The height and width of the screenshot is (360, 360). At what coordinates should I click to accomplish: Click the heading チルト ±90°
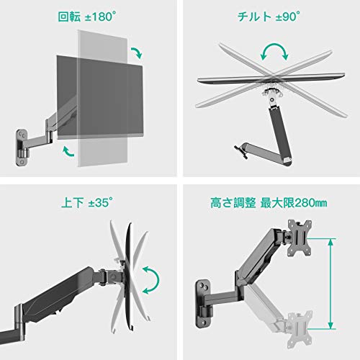269,17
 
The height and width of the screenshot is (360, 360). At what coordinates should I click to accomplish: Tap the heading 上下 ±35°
87,203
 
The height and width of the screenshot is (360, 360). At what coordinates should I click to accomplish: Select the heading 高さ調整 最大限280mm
269,203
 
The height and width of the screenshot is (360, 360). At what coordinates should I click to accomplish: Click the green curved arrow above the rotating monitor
138,52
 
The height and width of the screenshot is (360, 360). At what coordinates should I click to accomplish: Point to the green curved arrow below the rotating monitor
68,151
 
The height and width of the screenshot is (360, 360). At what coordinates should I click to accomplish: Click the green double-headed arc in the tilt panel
274,48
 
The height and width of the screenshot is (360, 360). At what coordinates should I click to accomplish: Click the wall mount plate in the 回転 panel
22,148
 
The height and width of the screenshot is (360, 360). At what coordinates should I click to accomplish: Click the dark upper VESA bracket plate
300,238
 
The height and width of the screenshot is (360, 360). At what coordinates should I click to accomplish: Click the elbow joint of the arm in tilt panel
287,162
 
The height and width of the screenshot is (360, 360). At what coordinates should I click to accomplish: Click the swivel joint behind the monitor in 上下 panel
111,277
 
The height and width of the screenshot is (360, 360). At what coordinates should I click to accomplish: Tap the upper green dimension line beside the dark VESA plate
321,239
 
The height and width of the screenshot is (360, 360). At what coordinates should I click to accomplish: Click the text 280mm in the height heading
311,203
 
